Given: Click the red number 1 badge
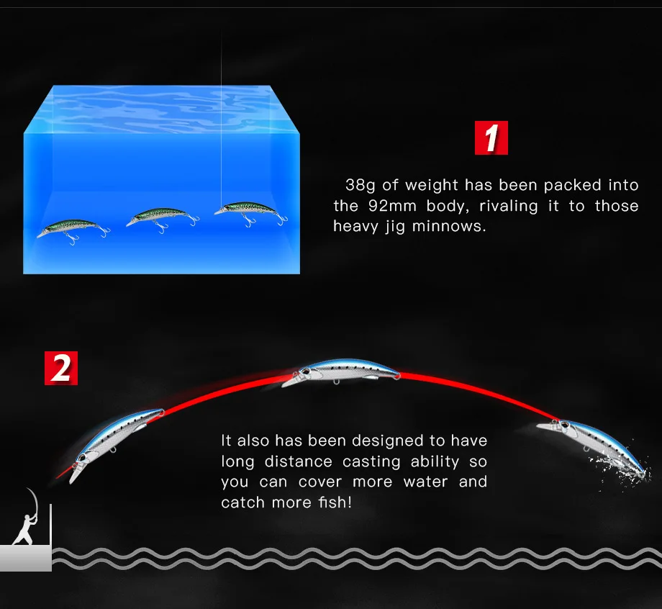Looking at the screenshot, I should (491, 138).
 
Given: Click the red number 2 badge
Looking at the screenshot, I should (61, 368).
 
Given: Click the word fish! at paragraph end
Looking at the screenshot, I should (334, 502).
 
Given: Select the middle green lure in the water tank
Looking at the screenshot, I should (160, 217).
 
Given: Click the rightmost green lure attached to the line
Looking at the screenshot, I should (250, 210).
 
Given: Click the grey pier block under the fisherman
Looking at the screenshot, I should (25, 557).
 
